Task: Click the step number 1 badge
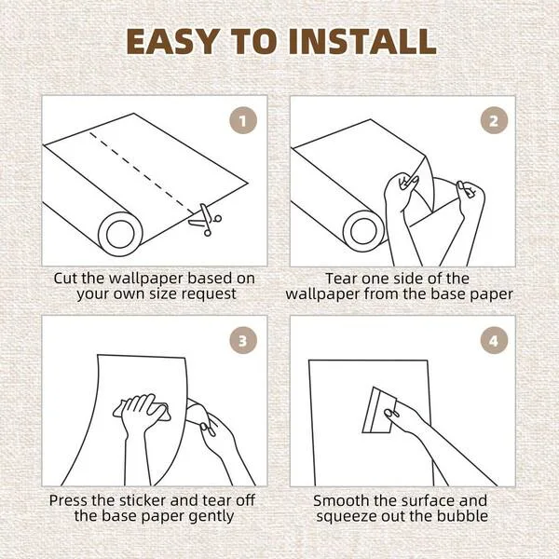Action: pyautogui.click(x=243, y=120)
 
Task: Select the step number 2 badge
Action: pyautogui.click(x=494, y=120)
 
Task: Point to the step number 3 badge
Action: pyautogui.click(x=243, y=340)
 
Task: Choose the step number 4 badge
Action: pyautogui.click(x=494, y=340)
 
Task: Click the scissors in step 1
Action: pyautogui.click(x=206, y=220)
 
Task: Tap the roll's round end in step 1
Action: pyautogui.click(x=120, y=234)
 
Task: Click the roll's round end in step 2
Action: pyautogui.click(x=363, y=231)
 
